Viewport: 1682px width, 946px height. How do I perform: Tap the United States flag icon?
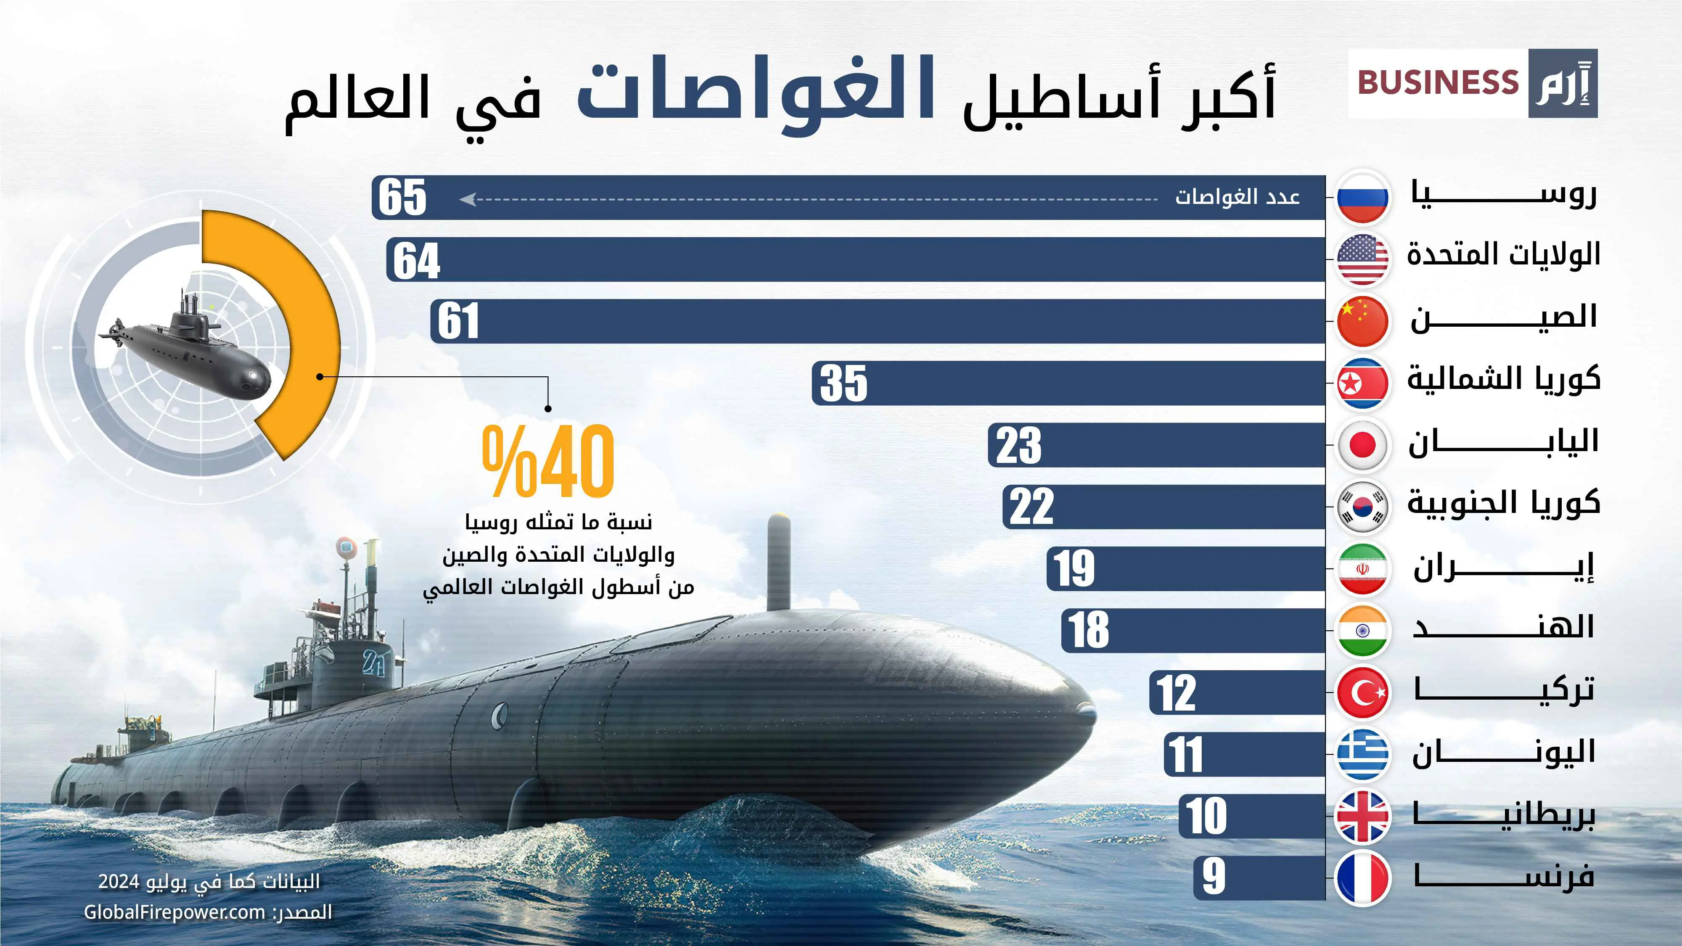coord(1362,259)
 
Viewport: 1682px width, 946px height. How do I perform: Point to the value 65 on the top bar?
coord(402,197)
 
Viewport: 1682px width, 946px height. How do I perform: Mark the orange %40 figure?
coord(548,461)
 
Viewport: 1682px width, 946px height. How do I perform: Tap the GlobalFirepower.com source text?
coord(175,912)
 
